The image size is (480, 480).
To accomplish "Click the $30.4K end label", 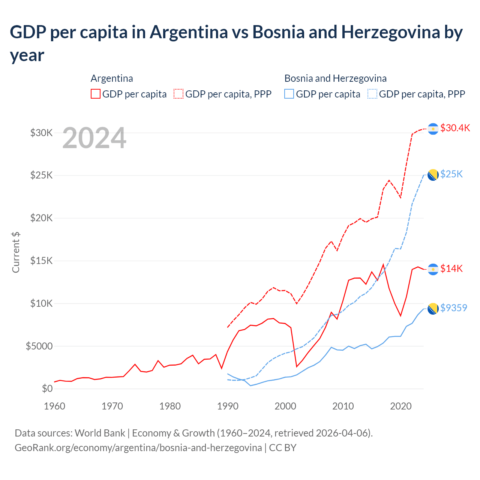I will [455, 128].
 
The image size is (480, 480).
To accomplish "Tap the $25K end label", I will [451, 174].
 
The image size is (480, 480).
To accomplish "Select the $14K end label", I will [451, 268].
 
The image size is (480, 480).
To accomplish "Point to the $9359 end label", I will [454, 308].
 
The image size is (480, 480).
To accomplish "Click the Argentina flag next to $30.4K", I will [433, 129].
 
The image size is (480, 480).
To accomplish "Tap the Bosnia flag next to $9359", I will [433, 309].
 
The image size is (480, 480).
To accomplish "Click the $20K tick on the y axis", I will [42, 218].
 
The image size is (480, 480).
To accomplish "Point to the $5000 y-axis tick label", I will [39, 346].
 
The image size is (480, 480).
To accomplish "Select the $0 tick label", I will [47, 388].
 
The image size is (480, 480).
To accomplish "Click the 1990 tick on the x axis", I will [228, 406].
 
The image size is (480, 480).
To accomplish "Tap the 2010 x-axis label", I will [343, 406].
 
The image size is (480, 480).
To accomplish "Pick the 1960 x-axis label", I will [55, 406].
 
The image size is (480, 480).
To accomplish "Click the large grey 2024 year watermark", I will [94, 138].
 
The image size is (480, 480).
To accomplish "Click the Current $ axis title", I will [16, 252].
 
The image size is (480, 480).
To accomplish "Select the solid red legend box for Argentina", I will [96, 94].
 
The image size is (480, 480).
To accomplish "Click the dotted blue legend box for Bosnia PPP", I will [372, 94].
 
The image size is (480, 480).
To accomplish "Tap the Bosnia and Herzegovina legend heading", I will [335, 78].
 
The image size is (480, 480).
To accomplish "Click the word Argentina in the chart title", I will [189, 32].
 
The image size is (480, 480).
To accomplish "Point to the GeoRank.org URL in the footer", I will [138, 448].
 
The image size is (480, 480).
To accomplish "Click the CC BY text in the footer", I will [283, 448].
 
